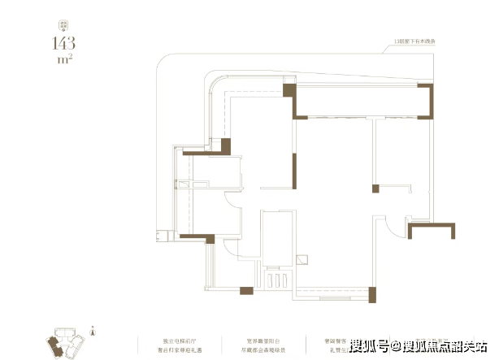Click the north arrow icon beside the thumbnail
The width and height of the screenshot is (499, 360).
click(x=95, y=331)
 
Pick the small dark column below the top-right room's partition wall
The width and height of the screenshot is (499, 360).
click(x=375, y=189)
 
